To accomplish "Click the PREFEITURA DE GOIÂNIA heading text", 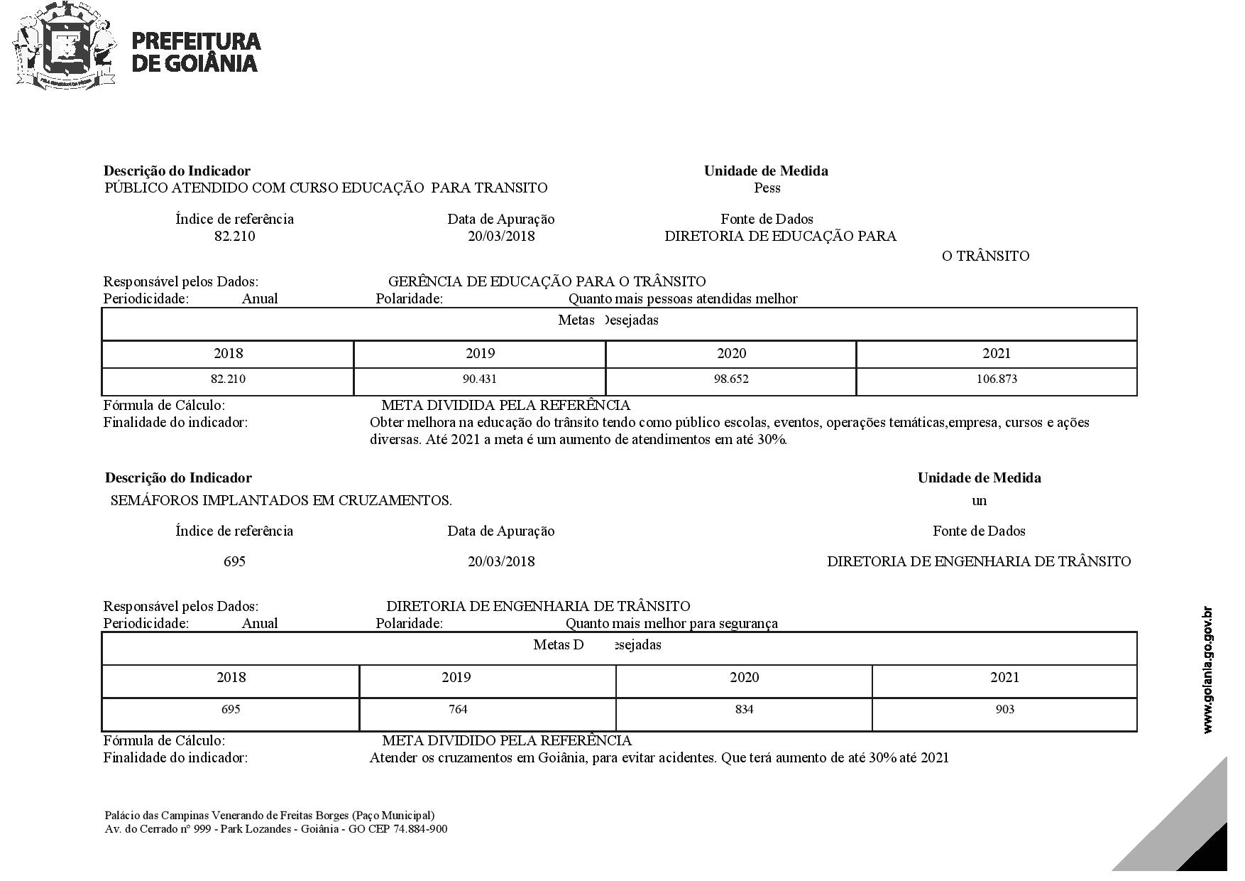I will click(196, 52).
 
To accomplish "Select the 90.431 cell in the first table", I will click(480, 379).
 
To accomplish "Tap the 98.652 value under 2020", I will click(731, 379).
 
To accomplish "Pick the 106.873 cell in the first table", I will click(997, 379).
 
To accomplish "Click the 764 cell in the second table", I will click(459, 709).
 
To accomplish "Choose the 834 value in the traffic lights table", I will click(744, 709).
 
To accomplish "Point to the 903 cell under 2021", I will click(1005, 709).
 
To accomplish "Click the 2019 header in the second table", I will click(456, 677).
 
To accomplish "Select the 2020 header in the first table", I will click(731, 353).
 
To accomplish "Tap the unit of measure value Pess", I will click(767, 188).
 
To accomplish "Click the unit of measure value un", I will click(980, 500).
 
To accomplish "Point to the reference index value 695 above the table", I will click(234, 561).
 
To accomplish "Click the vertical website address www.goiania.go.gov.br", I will click(1208, 670).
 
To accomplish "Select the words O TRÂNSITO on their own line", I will click(985, 256).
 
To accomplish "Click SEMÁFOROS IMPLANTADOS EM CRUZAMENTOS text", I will click(281, 500).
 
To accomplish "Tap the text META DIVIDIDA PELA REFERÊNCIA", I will click(505, 405).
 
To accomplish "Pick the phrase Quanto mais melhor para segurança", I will click(671, 623).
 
